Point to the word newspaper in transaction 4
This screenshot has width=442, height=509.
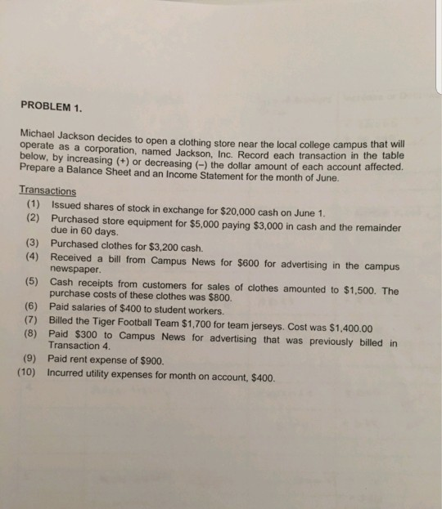pos(74,269)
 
